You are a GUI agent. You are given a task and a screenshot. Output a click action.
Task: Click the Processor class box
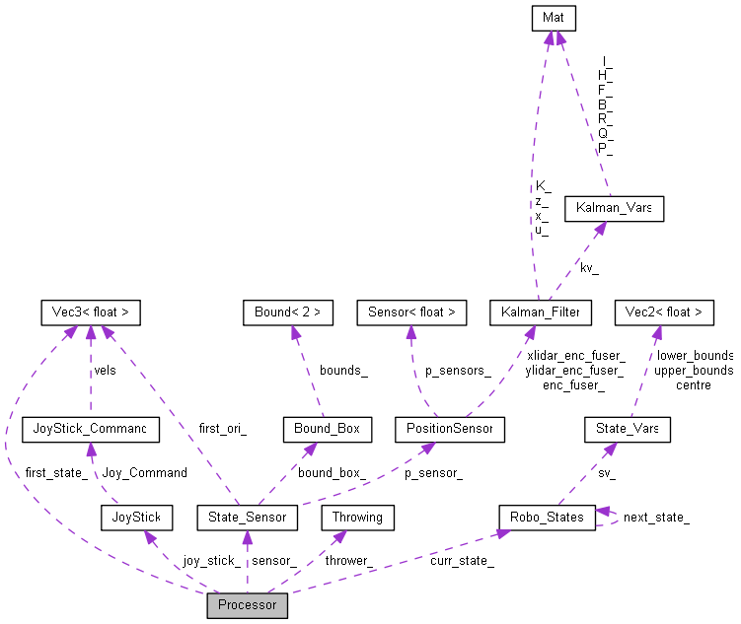(247, 604)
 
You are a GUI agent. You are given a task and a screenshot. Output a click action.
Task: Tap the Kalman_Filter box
(541, 312)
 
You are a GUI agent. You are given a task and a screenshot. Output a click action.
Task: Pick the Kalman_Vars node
(613, 209)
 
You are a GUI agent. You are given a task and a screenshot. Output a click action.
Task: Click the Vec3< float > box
(90, 312)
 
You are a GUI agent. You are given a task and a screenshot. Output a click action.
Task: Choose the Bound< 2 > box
(288, 312)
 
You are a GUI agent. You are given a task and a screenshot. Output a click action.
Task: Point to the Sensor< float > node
(411, 312)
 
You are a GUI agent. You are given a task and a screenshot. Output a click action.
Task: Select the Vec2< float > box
(663, 312)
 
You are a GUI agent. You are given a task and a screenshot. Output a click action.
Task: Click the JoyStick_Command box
(90, 429)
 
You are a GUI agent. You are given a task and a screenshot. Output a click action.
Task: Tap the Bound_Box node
(327, 429)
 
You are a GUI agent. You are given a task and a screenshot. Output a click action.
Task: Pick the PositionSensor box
(449, 429)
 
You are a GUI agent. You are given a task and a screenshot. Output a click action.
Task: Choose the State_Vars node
(627, 429)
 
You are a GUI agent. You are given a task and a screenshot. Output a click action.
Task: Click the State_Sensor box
(248, 517)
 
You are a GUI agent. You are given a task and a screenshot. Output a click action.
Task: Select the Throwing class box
(358, 517)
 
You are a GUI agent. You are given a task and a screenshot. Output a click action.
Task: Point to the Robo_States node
(547, 517)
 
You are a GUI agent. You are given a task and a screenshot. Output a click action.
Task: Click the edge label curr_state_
(462, 561)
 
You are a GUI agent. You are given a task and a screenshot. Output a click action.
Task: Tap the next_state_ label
(655, 517)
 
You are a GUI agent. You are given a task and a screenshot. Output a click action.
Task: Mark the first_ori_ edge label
(222, 429)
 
